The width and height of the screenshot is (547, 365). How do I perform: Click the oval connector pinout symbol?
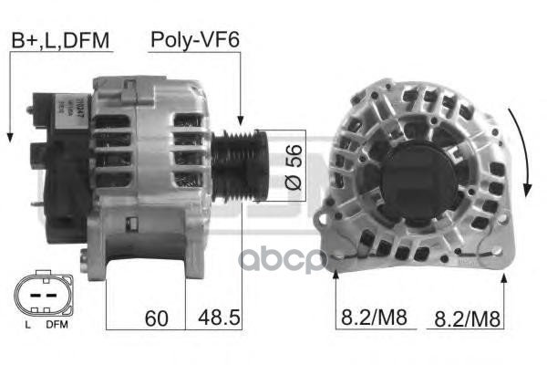[x=40, y=296]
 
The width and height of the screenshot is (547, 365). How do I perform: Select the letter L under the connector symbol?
[x=27, y=324]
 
